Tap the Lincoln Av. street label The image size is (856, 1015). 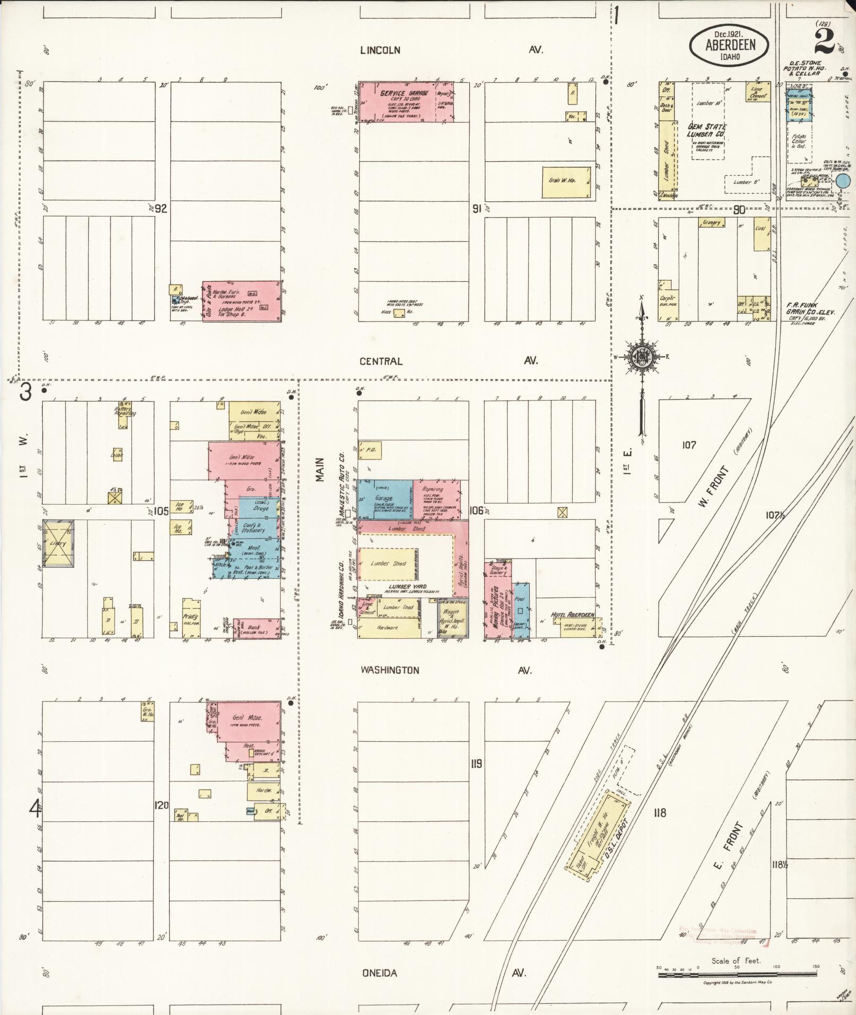click(380, 50)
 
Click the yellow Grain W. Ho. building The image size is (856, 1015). click(567, 182)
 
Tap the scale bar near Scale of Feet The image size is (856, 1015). click(736, 973)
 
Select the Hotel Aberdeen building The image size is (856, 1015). click(577, 627)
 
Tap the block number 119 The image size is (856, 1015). click(476, 764)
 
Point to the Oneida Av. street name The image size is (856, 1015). click(379, 973)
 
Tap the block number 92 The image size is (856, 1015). click(161, 209)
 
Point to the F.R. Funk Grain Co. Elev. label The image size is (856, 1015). click(810, 309)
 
